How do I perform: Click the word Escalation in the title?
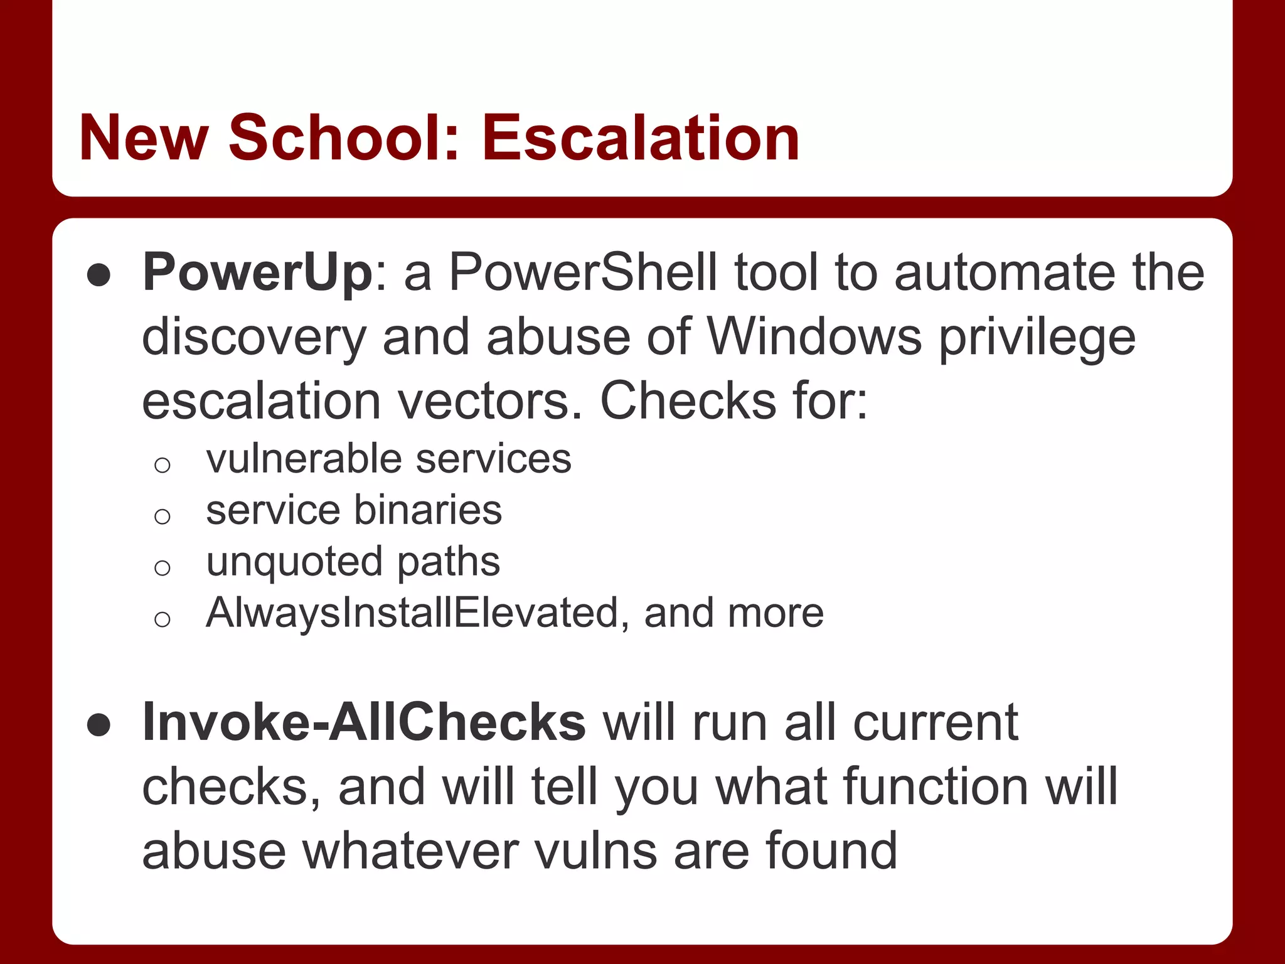point(640,137)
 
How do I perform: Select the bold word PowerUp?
point(258,273)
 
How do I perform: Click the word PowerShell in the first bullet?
point(583,273)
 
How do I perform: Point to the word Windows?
point(814,337)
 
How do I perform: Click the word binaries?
point(428,510)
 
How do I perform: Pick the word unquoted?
point(294,562)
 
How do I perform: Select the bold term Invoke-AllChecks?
point(364,722)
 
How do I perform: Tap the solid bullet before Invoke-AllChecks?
point(99,726)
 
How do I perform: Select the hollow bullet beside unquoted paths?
point(163,568)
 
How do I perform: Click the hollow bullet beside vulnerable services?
point(163,465)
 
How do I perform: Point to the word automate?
point(1005,273)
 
